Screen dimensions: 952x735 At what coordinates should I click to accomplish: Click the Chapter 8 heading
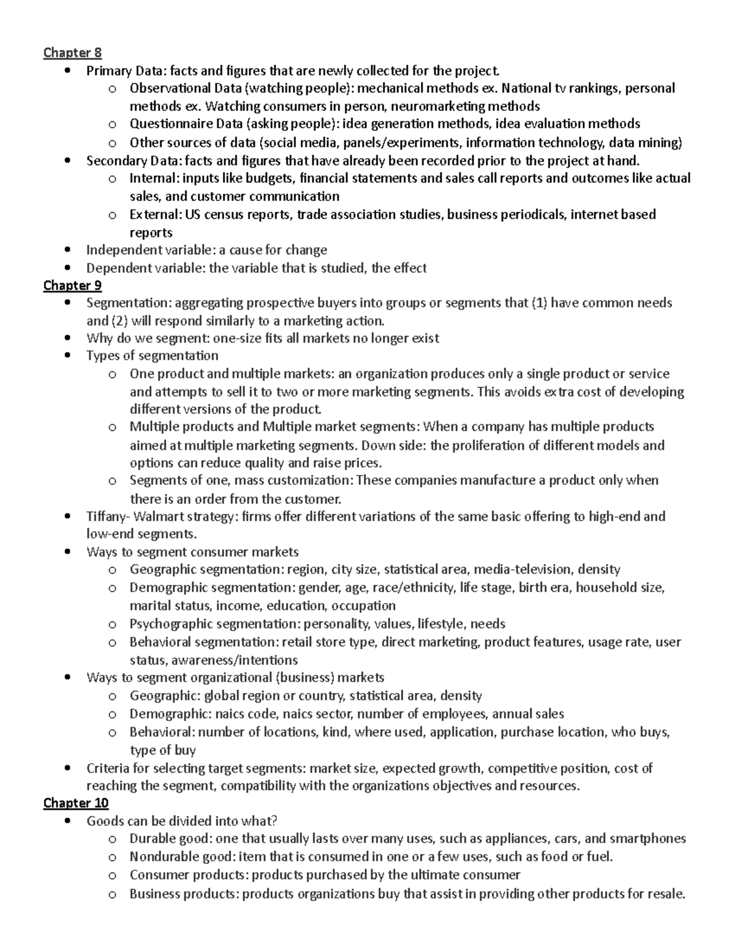click(x=72, y=53)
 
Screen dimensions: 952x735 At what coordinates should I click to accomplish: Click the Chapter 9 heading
click(x=72, y=286)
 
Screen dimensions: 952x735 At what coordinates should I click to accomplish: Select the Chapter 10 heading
click(x=75, y=803)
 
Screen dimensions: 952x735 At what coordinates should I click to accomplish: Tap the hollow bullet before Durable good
click(x=111, y=839)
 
